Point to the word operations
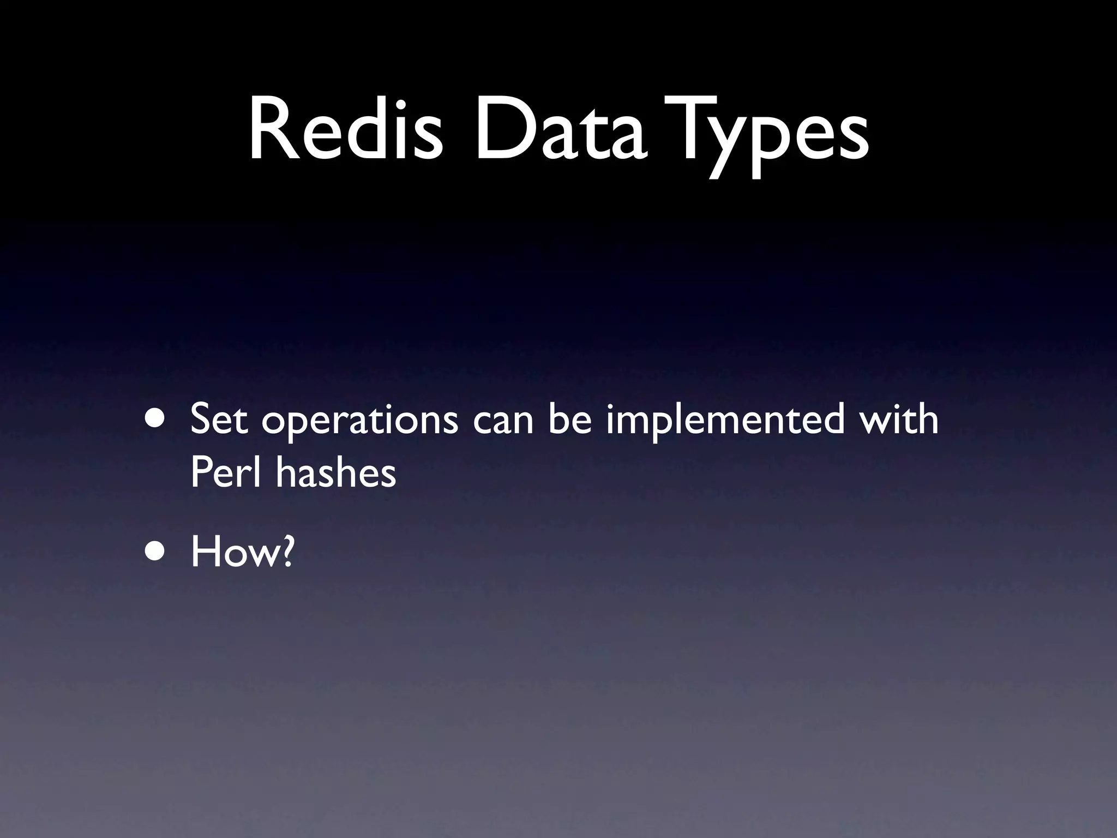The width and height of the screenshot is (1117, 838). (x=359, y=422)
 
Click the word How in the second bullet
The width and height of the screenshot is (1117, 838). (x=234, y=552)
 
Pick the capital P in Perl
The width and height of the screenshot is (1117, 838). (x=201, y=472)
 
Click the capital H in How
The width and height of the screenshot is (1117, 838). (x=204, y=552)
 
